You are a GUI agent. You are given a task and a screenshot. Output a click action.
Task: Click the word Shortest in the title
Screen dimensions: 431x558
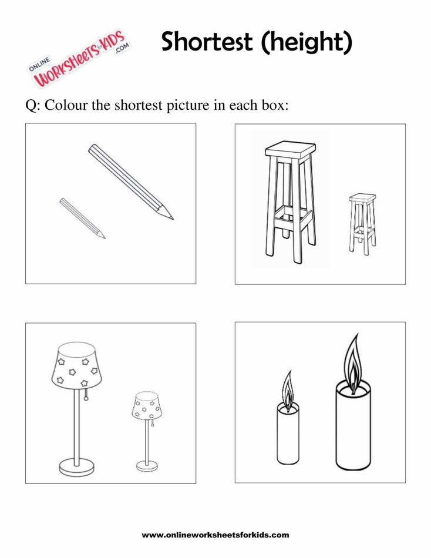(207, 41)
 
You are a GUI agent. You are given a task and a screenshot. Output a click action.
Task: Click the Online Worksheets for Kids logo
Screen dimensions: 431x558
(80, 59)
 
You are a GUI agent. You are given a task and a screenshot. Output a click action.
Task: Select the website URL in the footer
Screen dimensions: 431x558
(215, 535)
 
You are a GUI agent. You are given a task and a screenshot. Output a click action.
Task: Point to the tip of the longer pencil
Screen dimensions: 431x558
(173, 219)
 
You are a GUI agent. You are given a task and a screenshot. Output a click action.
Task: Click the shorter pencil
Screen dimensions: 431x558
(83, 218)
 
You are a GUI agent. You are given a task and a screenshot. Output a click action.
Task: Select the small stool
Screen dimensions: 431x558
(362, 224)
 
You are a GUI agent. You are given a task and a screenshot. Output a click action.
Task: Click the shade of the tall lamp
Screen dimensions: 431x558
(76, 365)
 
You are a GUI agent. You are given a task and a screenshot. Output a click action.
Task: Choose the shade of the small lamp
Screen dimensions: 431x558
(147, 406)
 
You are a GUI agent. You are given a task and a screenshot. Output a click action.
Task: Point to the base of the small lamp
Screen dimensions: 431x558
(147, 466)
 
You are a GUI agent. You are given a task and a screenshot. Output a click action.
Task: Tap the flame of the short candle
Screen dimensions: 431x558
(288, 391)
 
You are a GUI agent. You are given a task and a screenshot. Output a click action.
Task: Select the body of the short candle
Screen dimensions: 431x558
(288, 435)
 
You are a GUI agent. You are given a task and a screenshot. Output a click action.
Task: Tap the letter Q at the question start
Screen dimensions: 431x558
(31, 106)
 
